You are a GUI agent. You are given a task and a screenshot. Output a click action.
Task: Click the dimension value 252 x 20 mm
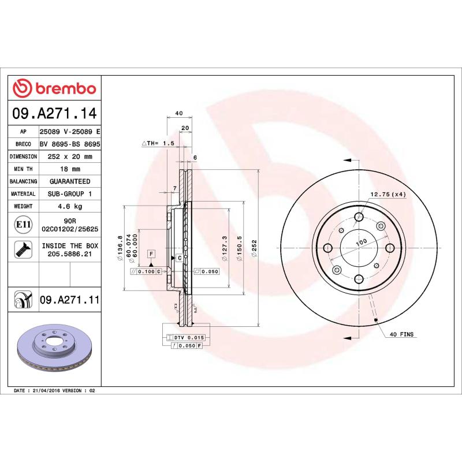tap(70, 157)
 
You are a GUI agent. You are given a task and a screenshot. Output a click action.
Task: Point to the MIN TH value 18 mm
tap(70, 169)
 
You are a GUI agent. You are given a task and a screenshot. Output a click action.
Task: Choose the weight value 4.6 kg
tap(70, 206)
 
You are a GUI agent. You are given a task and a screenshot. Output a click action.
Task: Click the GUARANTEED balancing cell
tap(70, 181)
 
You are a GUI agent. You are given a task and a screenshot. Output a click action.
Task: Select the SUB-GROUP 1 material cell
tap(70, 194)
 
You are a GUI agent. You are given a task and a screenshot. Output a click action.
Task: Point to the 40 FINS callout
tap(402, 334)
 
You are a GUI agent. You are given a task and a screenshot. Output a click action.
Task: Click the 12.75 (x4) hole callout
tap(388, 195)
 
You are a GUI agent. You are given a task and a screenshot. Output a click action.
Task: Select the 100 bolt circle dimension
tap(361, 243)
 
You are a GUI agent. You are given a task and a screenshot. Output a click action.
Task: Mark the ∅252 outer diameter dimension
tap(254, 249)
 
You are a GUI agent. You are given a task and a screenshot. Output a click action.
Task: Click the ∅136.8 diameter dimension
tap(120, 247)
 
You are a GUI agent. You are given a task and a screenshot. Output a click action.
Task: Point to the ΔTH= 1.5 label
tap(158, 143)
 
